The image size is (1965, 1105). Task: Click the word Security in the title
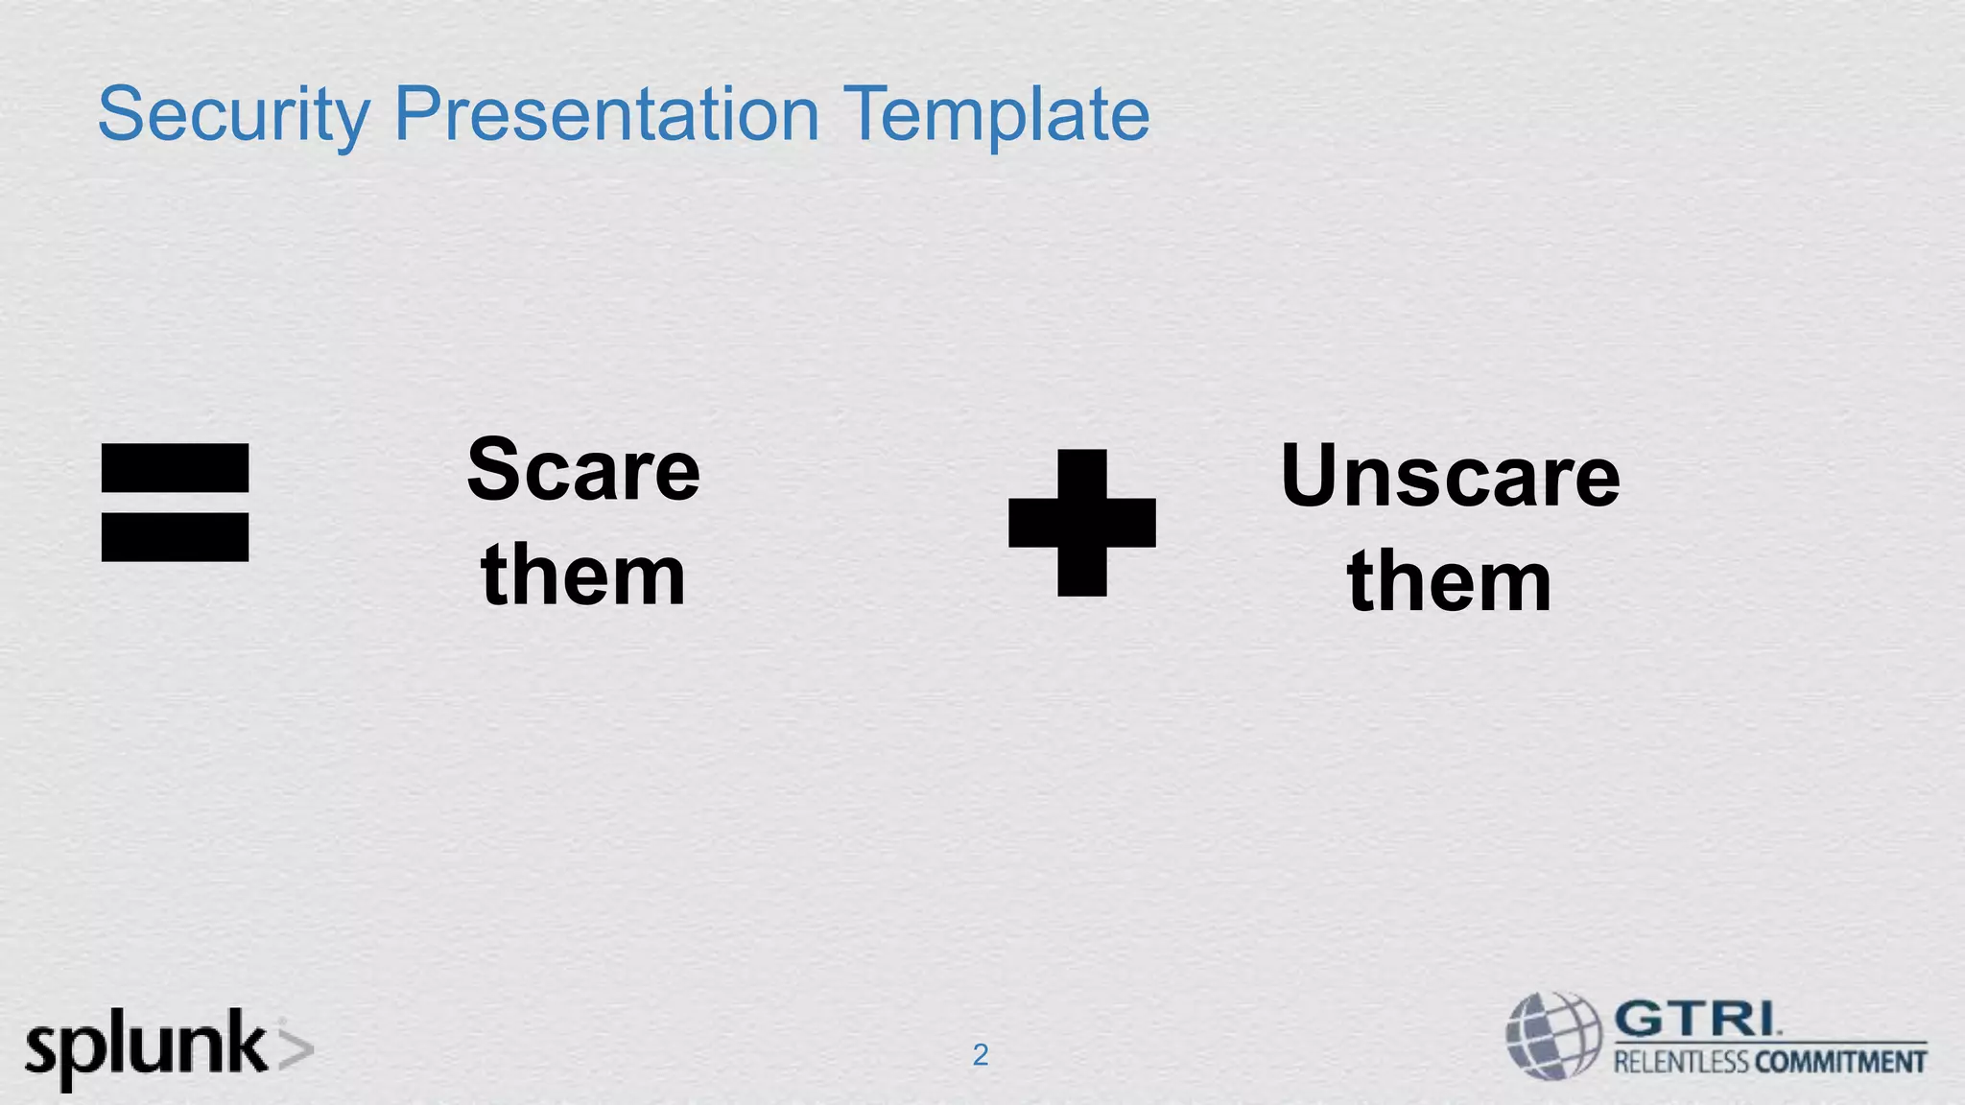pos(233,115)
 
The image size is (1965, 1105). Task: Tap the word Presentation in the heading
pos(606,115)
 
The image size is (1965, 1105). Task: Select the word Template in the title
pos(999,115)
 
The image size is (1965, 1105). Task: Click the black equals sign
pos(175,502)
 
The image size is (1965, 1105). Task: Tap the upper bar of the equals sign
pos(175,468)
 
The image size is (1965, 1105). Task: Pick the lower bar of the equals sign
pos(175,537)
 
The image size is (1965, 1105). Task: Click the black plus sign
pos(1081,523)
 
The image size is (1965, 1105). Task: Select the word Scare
pos(583,470)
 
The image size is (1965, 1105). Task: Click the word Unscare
pos(1450,476)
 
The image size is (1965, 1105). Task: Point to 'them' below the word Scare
pos(583,576)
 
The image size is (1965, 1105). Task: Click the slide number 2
pos(980,1055)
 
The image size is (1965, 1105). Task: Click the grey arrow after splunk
pos(296,1048)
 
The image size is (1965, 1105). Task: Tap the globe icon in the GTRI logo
pos(1553,1036)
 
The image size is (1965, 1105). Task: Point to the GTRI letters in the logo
pos(1696,1019)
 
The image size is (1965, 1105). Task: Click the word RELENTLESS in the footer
pos(1680,1062)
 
